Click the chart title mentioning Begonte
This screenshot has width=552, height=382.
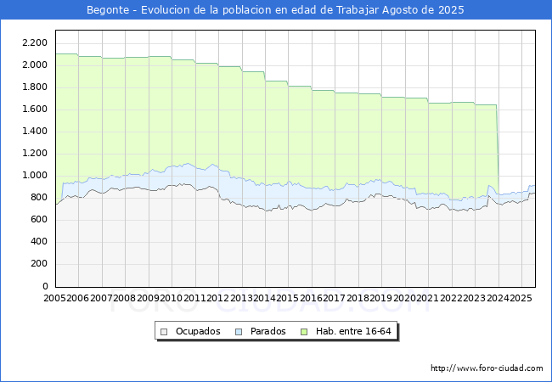point(276,9)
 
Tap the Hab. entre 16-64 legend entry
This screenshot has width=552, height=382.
point(351,331)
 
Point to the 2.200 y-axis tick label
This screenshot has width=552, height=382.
point(34,42)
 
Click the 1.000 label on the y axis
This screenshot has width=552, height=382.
point(34,175)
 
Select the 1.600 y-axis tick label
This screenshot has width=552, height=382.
point(34,109)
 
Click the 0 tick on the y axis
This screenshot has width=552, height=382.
point(44,286)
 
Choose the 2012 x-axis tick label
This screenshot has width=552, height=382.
point(218,298)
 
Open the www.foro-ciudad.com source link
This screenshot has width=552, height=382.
point(487,368)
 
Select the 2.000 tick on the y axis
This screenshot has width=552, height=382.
point(34,65)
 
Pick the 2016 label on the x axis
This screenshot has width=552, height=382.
point(312,298)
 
